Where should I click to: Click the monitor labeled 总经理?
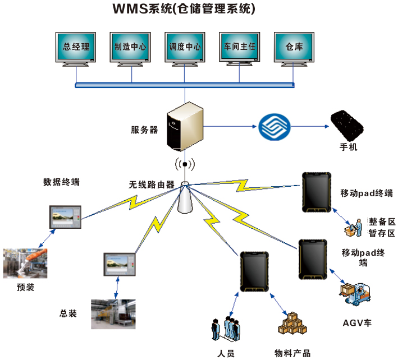pos(77,48)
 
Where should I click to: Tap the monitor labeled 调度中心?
pos(185,48)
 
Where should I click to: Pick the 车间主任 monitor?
pos(240,48)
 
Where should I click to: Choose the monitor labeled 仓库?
pos(294,48)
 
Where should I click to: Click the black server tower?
pos(185,127)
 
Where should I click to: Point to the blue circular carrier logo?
pos(276,126)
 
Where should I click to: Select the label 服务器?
pos(144,130)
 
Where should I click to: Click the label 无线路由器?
pos(152,184)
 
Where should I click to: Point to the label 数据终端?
pos(61,182)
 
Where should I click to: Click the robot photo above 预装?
pos(25,263)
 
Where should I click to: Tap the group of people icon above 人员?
pos(226,328)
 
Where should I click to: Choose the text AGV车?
pos(357,323)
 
